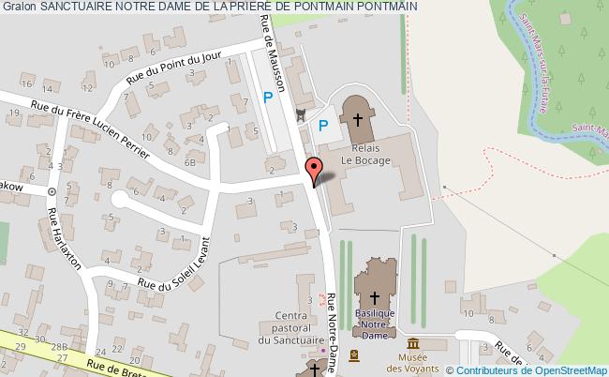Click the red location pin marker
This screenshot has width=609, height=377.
(x=315, y=169)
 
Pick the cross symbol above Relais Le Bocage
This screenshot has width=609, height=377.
(x=357, y=120)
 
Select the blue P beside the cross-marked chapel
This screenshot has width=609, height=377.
(x=323, y=125)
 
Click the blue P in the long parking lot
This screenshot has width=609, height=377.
(x=269, y=96)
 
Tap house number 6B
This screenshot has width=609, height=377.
(x=190, y=161)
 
